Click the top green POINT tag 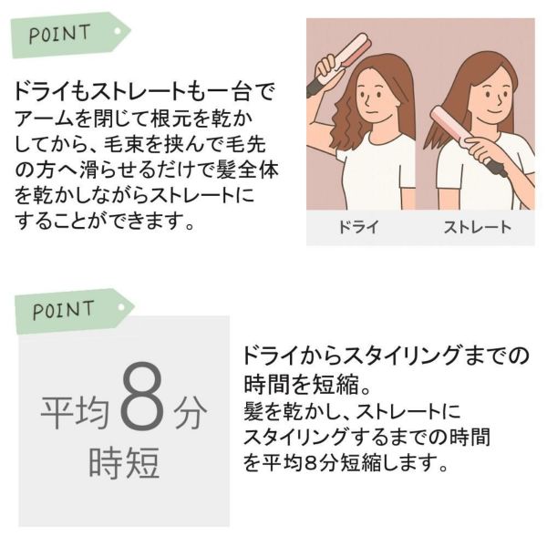pyautogui.click(x=70, y=35)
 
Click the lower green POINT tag pyautogui.click(x=74, y=311)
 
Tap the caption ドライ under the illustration pyautogui.click(x=358, y=227)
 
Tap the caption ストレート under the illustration pyautogui.click(x=477, y=227)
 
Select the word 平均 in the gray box pyautogui.click(x=75, y=413)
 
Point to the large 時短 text pyautogui.click(x=125, y=462)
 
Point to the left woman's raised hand pyautogui.click(x=326, y=67)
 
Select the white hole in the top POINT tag pyautogui.click(x=118, y=31)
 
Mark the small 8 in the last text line pyautogui.click(x=311, y=463)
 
